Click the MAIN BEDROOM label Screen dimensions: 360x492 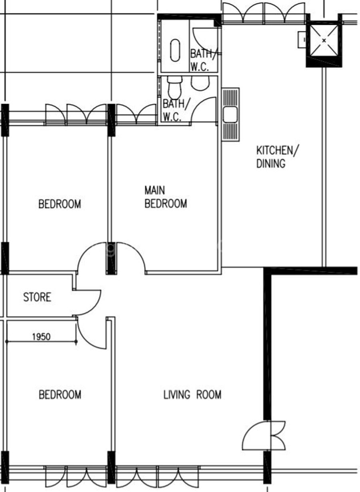[166, 197]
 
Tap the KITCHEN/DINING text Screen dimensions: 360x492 [278, 157]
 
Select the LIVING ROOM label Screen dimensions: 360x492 [192, 394]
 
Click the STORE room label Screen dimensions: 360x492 [37, 297]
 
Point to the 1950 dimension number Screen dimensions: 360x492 [41, 336]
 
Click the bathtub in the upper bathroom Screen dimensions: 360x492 [175, 50]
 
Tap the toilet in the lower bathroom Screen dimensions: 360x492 [175, 87]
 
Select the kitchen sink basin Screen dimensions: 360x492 [230, 114]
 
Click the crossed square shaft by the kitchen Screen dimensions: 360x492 [324, 40]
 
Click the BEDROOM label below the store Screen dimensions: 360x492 [60, 394]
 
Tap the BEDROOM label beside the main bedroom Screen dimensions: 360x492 [60, 204]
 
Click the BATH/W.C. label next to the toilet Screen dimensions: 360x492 [176, 110]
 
